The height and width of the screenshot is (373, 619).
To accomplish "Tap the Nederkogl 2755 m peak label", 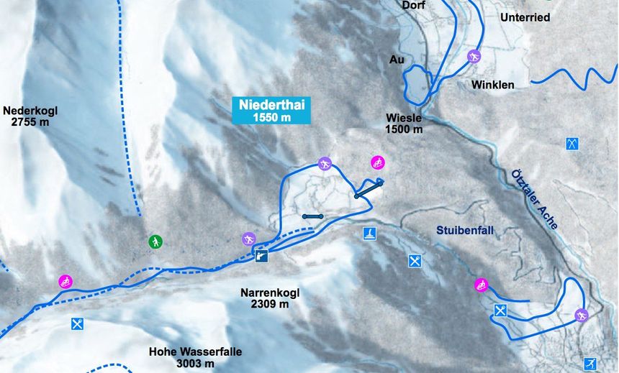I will tap(30, 116).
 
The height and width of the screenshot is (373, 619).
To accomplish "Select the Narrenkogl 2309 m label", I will tap(269, 298).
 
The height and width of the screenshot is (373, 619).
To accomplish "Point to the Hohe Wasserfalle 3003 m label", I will tap(195, 358).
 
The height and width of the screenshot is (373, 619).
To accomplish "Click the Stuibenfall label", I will tap(468, 231).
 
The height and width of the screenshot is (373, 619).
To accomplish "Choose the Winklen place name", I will tap(493, 85).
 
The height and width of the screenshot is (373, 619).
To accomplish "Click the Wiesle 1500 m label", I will tap(403, 124).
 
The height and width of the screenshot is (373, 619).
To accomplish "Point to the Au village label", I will tap(397, 60).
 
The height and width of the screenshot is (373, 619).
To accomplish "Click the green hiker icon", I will tap(155, 241).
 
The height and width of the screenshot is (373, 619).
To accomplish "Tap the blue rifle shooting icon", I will tap(262, 255).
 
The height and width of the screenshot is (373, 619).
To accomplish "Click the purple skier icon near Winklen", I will tap(474, 56).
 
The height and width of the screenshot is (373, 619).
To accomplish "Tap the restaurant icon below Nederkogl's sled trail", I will tap(78, 324).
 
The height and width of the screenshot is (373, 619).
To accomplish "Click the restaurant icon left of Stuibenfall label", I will tap(415, 261).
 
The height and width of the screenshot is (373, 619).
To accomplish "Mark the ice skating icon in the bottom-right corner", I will tap(590, 364).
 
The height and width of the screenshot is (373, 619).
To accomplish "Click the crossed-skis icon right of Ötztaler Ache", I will tap(572, 144).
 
